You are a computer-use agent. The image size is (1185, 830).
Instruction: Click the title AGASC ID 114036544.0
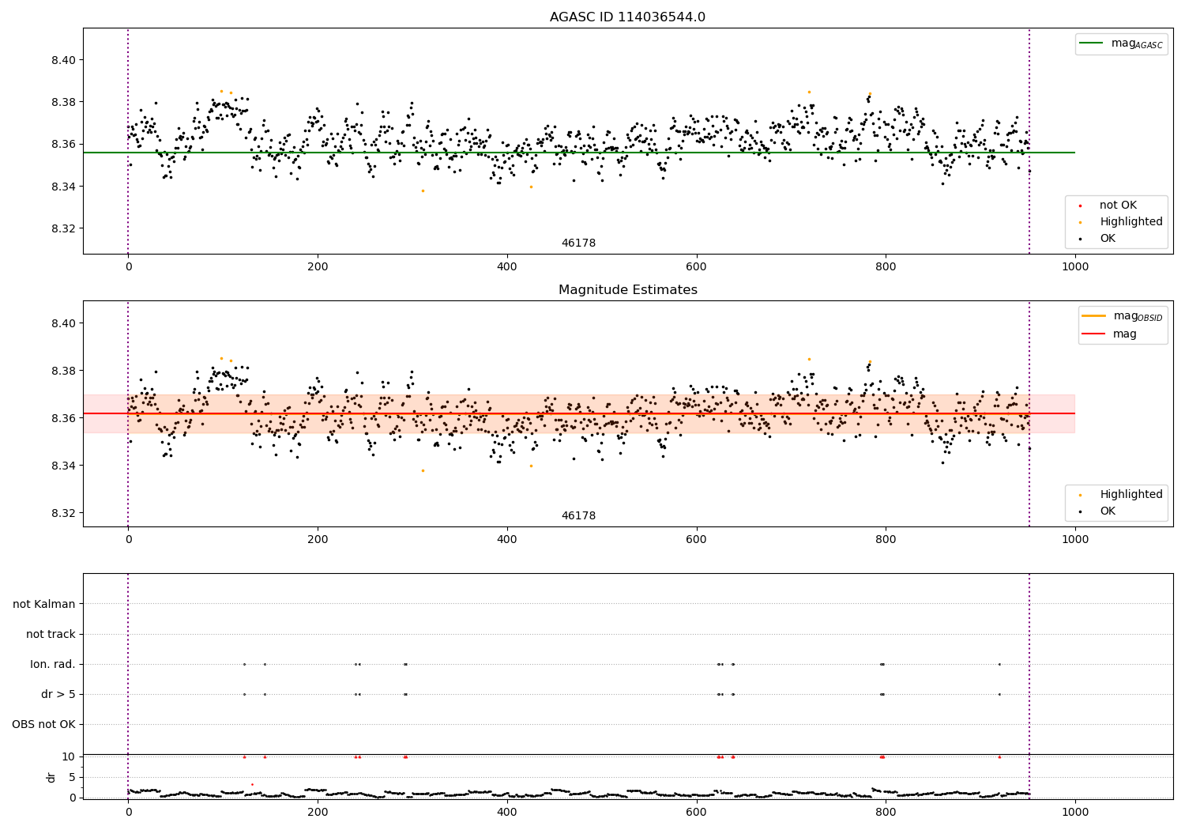[x=627, y=17]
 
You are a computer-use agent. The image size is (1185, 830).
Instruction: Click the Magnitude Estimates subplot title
[x=627, y=290]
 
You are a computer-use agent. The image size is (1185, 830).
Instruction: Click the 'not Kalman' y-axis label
[x=44, y=604]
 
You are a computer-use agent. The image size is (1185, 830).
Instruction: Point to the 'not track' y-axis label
[x=51, y=634]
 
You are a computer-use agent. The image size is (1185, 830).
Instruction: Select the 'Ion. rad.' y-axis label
[x=53, y=664]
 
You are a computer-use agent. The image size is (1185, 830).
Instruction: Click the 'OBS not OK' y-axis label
[x=44, y=724]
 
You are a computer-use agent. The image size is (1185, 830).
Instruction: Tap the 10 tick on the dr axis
[x=69, y=756]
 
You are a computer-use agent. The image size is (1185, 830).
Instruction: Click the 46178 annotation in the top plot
[x=578, y=243]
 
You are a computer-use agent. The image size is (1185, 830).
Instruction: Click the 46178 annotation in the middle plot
[x=578, y=516]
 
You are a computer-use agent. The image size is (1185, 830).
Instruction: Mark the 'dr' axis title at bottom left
[x=51, y=777]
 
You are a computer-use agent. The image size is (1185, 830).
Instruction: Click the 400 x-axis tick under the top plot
[x=506, y=267]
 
